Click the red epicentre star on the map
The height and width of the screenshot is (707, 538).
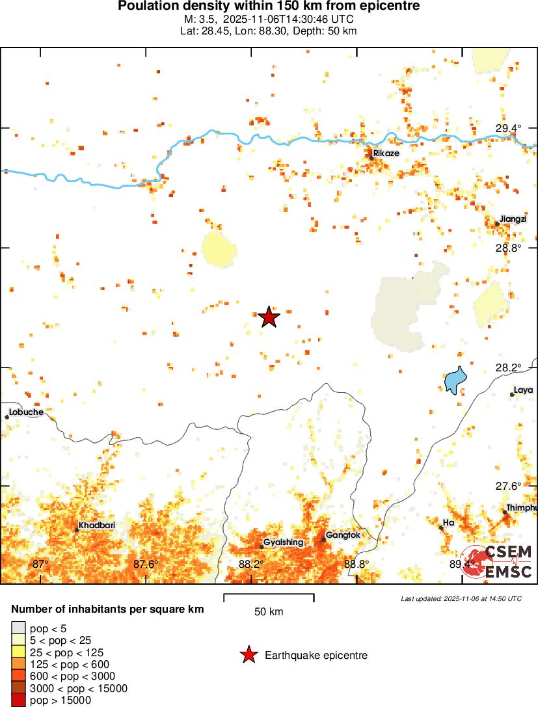coord(269,317)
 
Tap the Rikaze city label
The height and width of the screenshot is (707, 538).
coord(386,153)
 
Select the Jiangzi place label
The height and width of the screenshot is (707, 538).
coord(513,219)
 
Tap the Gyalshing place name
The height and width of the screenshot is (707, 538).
coord(283,542)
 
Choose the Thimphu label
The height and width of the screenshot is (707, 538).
coord(522,508)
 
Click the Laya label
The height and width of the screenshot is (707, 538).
coord(524,390)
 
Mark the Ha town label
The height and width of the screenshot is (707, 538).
coord(448,522)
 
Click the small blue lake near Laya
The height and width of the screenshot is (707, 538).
coord(455,379)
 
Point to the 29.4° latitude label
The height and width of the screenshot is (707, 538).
coord(508,128)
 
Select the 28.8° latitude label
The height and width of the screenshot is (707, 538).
coord(508,248)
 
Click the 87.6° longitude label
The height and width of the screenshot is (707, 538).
coord(146,564)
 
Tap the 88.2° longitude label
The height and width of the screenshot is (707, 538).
coord(251,564)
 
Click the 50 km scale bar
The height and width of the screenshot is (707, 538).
coord(269,598)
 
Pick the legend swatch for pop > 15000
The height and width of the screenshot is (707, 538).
coord(19,700)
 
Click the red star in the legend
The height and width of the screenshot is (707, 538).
coord(248,655)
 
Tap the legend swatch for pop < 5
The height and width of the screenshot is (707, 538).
coord(19,628)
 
